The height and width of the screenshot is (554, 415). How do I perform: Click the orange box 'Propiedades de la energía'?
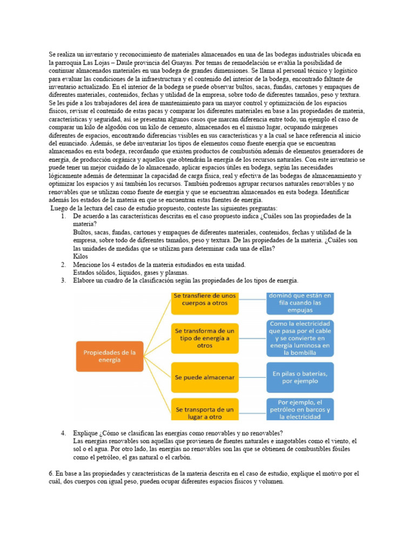click(110, 356)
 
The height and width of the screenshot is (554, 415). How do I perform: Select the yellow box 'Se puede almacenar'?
click(205, 377)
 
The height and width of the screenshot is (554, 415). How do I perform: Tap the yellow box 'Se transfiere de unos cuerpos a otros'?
click(205, 303)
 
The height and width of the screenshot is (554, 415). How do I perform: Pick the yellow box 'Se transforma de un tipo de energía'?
click(205, 338)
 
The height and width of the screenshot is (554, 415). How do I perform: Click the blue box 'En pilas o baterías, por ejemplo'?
click(300, 377)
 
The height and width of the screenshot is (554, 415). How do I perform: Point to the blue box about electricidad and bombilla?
click(300, 338)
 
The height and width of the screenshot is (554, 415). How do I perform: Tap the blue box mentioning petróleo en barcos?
click(300, 410)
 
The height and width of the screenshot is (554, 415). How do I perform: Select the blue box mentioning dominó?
click(300, 303)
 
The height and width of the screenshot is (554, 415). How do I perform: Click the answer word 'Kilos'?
click(80, 256)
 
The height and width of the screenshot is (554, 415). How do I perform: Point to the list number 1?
click(63, 216)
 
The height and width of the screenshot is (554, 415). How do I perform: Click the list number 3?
click(63, 280)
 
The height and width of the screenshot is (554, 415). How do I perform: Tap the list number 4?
click(63, 433)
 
